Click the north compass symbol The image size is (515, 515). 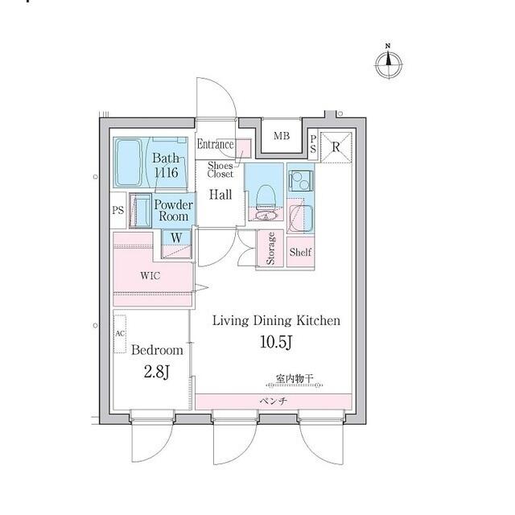coord(389,64)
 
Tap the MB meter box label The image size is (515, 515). coord(282,135)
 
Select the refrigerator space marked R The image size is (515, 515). coord(336,147)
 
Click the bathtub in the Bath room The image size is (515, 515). coord(129,163)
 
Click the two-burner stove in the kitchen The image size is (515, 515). coord(301,180)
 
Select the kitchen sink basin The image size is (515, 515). coord(301,218)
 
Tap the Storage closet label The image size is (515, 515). coord(270,249)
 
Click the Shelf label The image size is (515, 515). coord(300,252)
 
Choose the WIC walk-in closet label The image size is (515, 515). coord(150,275)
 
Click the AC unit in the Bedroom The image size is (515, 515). coord(120,334)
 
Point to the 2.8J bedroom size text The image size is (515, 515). coord(156,372)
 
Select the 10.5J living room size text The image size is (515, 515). coord(276,342)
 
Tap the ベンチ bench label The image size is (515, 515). coord(274,401)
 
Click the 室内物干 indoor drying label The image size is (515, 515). coord(295,379)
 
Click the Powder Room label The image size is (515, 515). coord(174,211)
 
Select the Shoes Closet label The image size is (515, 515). coord(220,170)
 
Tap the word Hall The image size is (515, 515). coord(220,195)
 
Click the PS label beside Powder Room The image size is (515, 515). coord(118,210)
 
